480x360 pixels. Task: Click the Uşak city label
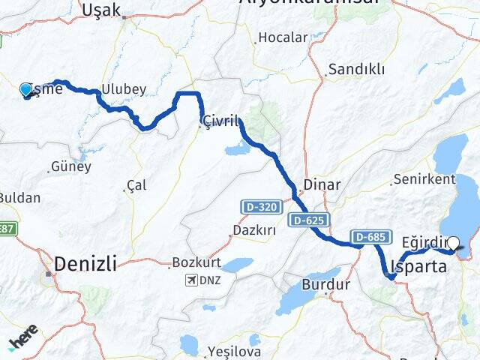coord(100,9)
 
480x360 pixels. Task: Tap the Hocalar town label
coord(283,37)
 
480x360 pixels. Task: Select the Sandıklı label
coord(356,70)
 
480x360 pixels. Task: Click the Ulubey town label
coord(125,88)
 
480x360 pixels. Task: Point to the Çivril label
coord(220,121)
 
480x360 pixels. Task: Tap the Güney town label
coord(70,166)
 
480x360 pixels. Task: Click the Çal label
coord(136,185)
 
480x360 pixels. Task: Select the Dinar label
coord(322,184)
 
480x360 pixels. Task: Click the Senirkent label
coord(423,180)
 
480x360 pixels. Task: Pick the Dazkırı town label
coord(253,229)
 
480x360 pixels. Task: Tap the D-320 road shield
coord(257,205)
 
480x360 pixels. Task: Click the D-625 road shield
coord(307,220)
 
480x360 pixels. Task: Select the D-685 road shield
coord(369,237)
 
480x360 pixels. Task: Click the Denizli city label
coord(85,263)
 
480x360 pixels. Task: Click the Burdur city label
coord(325,284)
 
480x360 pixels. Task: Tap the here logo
coord(23,338)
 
